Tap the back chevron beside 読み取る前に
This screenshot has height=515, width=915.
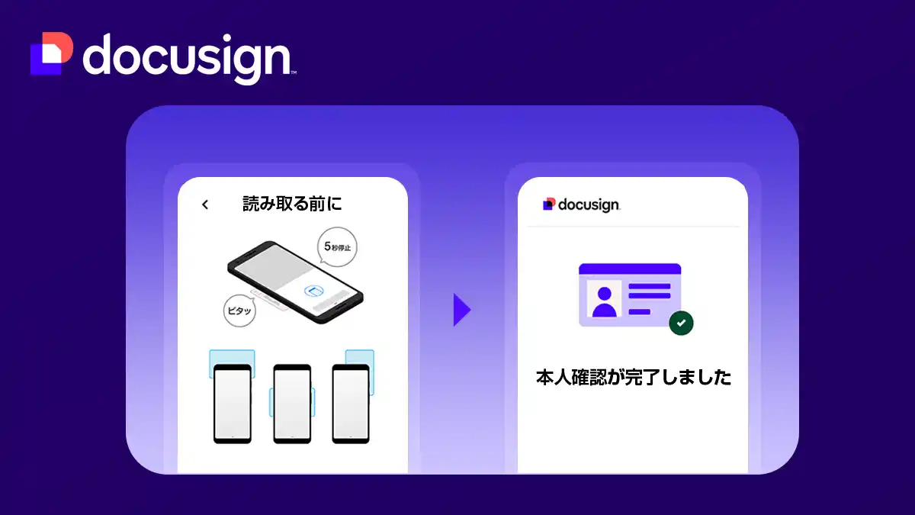tap(204, 204)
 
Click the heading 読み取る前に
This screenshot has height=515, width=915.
tap(292, 204)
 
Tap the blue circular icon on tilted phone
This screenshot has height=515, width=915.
tap(313, 291)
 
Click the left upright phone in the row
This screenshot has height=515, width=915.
tap(232, 404)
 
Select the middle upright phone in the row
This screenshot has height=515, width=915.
tap(292, 404)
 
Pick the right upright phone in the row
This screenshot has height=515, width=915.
tap(351, 404)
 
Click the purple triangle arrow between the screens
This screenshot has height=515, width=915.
tap(461, 309)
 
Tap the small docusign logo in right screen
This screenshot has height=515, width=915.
tap(581, 204)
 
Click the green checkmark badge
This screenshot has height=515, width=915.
tap(681, 323)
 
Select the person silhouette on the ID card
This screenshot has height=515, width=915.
tap(604, 302)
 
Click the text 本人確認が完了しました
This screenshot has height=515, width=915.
tap(633, 378)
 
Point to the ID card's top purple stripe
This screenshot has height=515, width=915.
tap(629, 269)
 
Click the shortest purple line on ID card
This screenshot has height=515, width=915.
tap(639, 311)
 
